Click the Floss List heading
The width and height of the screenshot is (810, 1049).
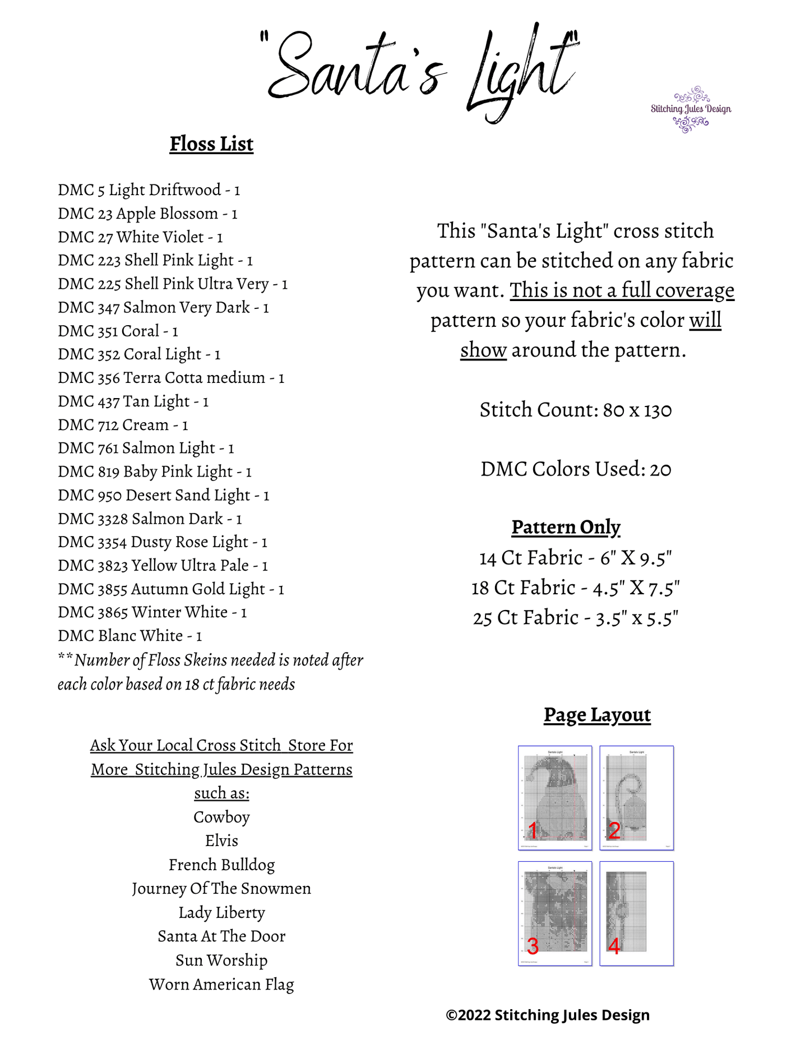point(211,144)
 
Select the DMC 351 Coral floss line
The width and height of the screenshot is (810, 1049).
point(118,331)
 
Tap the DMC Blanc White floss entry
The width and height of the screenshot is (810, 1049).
point(129,635)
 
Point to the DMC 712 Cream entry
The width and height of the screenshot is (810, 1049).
point(123,424)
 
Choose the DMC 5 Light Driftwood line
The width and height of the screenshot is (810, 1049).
point(149,190)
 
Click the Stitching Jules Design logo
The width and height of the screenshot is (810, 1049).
point(691,109)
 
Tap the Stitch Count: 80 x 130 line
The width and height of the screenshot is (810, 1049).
point(575,410)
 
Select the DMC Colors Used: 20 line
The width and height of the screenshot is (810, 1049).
point(575,469)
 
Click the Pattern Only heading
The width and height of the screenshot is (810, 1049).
point(566,527)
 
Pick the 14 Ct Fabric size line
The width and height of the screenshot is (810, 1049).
point(575,558)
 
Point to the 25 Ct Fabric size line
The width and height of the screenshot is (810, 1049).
point(575,617)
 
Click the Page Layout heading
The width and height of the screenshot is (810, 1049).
point(597,715)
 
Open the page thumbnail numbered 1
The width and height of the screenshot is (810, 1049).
point(555,797)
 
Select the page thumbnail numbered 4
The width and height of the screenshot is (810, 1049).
point(636,913)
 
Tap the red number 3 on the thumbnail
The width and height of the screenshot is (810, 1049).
point(533,946)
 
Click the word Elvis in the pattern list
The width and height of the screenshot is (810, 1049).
point(221,840)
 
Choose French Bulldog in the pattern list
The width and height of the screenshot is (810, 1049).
point(221,865)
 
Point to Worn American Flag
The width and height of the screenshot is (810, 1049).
point(221,984)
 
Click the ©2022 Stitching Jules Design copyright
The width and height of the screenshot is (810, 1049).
point(547,1015)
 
